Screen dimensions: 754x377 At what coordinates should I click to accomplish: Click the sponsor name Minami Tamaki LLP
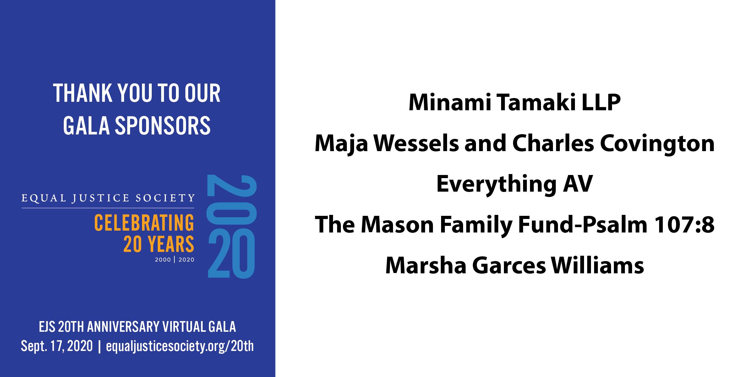coord(515,102)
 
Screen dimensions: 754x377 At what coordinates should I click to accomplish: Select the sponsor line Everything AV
coord(515,184)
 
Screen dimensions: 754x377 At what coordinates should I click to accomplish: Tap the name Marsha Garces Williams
coord(515,265)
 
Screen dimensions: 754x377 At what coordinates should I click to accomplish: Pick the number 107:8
coord(684,225)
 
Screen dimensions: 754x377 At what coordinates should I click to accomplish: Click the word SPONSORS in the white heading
coord(163,126)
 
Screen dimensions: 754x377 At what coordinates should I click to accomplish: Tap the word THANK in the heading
coord(83,93)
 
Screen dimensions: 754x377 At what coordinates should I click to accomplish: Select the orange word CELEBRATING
coord(144,223)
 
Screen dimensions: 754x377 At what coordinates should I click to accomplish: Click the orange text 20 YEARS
coord(159,244)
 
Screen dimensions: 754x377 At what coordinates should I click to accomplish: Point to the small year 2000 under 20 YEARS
coord(163,260)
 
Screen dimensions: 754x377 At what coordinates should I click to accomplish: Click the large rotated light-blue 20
coord(232,199)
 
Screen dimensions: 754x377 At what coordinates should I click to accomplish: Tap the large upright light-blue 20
coord(232,253)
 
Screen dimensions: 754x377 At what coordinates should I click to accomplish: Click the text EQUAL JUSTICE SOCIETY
coord(108,198)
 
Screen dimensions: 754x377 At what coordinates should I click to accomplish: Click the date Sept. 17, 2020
coord(57,346)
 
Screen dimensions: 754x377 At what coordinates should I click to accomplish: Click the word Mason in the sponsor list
coord(397,225)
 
